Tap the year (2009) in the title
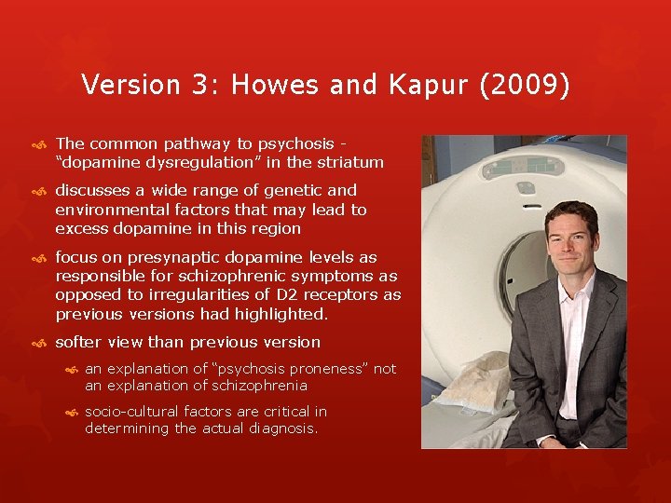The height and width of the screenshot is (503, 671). coord(526,86)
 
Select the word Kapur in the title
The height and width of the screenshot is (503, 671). coord(434,86)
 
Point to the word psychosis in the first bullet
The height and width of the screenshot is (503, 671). coord(295,143)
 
